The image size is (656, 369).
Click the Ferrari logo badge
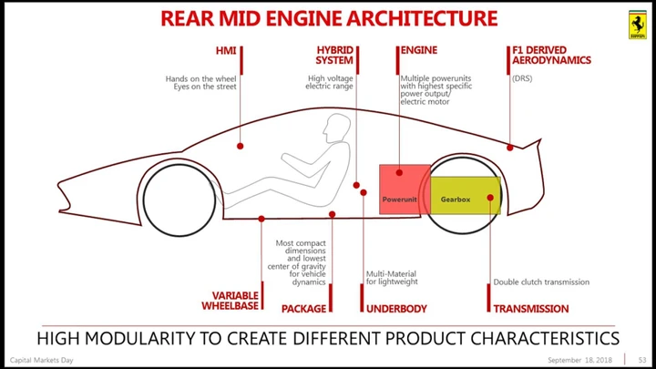click(637, 25)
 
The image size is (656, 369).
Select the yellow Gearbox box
click(466, 195)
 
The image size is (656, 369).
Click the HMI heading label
click(226, 51)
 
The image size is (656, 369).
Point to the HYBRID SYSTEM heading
click(334, 56)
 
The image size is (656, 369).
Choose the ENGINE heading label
click(419, 50)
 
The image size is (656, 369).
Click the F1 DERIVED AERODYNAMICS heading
click(551, 56)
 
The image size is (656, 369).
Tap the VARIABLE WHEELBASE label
click(231, 301)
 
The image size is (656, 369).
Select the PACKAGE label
click(303, 309)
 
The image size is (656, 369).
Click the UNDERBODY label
click(396, 309)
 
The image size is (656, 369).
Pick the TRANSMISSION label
click(531, 309)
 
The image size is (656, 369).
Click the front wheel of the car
click(179, 200)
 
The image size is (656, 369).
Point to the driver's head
click(336, 128)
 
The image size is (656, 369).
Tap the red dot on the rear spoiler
click(510, 148)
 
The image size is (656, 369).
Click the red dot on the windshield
click(241, 146)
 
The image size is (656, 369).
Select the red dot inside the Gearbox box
click(490, 198)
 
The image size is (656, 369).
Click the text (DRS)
click(522, 78)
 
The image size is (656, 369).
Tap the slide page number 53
click(642, 360)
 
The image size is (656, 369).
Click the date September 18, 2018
click(579, 360)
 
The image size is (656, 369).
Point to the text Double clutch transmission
click(541, 282)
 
